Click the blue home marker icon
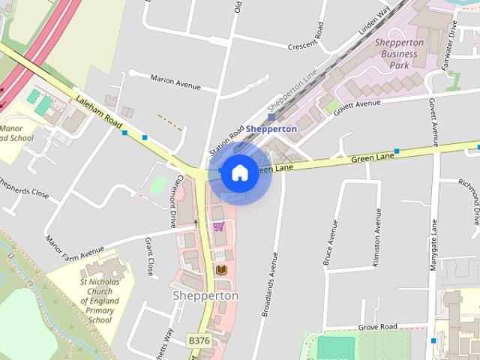point(239,172)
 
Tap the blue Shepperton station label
point(271,128)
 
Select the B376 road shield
point(199,340)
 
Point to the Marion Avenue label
point(175,82)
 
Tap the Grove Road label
point(377,327)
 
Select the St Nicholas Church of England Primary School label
point(99,301)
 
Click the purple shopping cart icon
point(218,226)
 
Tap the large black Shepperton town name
point(205,295)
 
